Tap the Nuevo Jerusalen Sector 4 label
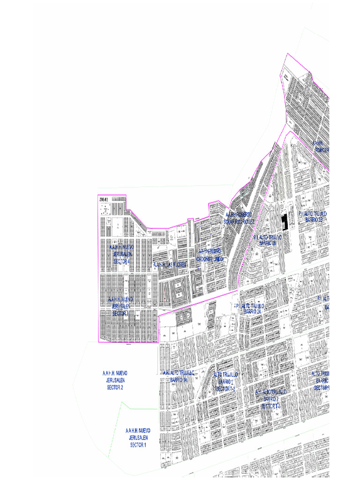[121, 254]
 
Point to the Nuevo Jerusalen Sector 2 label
[115, 380]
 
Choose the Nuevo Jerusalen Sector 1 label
[138, 437]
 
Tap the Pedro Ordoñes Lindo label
[211, 255]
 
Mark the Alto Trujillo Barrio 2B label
[268, 240]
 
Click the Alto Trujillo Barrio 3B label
[313, 216]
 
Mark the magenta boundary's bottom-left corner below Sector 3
[98, 342]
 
